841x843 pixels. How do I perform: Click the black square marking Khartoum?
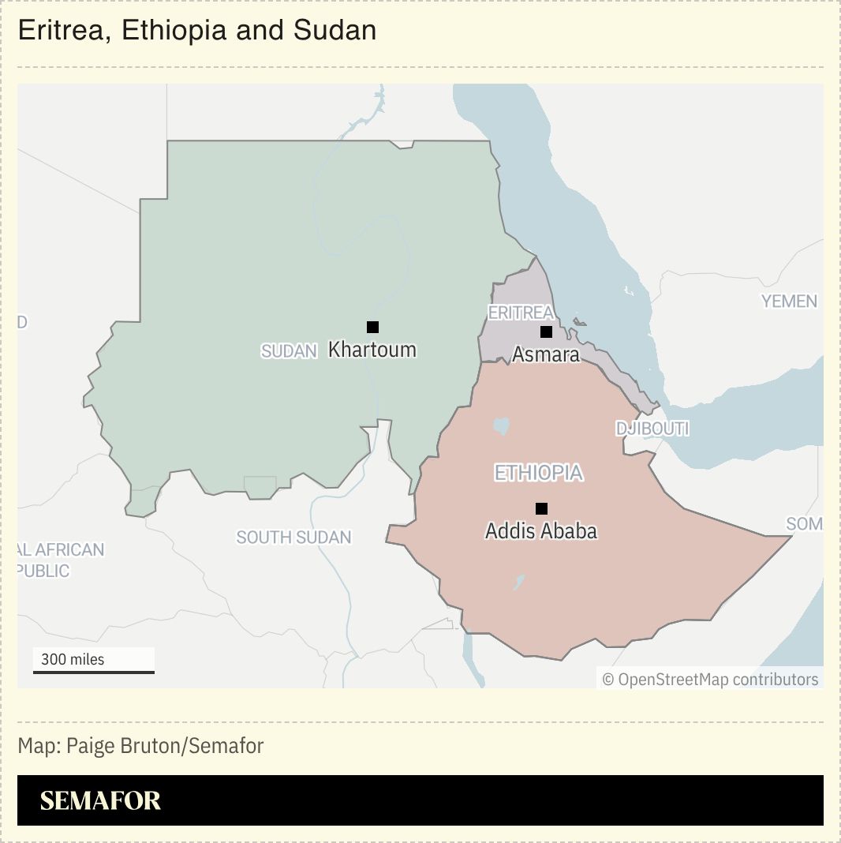pyautogui.click(x=373, y=327)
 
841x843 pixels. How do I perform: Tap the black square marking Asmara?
pyautogui.click(x=546, y=332)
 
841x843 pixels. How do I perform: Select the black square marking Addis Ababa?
pyautogui.click(x=541, y=508)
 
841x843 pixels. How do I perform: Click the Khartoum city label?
pyautogui.click(x=372, y=350)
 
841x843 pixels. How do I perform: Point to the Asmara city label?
pyautogui.click(x=546, y=354)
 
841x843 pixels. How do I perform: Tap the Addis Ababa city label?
pyautogui.click(x=541, y=530)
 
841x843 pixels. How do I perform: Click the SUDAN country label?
pyautogui.click(x=289, y=351)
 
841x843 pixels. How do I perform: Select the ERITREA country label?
pyautogui.click(x=521, y=313)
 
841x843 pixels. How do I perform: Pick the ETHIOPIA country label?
pyautogui.click(x=539, y=473)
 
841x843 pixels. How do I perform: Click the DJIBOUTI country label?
pyautogui.click(x=652, y=429)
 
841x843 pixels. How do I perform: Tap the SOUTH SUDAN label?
pyautogui.click(x=294, y=538)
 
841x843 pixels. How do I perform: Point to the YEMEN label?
pyautogui.click(x=789, y=301)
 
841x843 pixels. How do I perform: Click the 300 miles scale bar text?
pyautogui.click(x=73, y=659)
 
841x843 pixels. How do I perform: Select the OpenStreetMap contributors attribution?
pyautogui.click(x=711, y=679)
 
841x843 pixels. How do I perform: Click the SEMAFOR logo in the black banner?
pyautogui.click(x=100, y=800)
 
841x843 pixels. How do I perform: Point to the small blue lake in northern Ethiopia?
pyautogui.click(x=501, y=426)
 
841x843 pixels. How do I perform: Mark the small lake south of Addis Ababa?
pyautogui.click(x=519, y=583)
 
